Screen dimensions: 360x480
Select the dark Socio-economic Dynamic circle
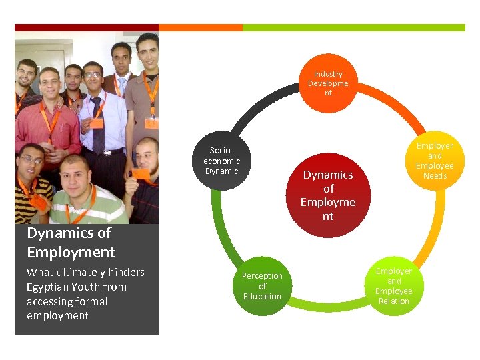221,162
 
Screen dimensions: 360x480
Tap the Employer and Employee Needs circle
435,161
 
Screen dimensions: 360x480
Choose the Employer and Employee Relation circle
393,286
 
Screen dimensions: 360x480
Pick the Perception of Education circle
262,286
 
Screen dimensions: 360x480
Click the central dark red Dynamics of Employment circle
327,195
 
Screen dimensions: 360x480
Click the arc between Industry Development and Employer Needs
393,107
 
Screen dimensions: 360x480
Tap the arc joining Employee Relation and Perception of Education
328,308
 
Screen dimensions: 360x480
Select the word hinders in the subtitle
125,272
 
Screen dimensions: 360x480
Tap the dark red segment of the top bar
87,28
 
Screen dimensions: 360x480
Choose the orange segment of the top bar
200,28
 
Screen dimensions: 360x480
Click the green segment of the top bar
353,28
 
